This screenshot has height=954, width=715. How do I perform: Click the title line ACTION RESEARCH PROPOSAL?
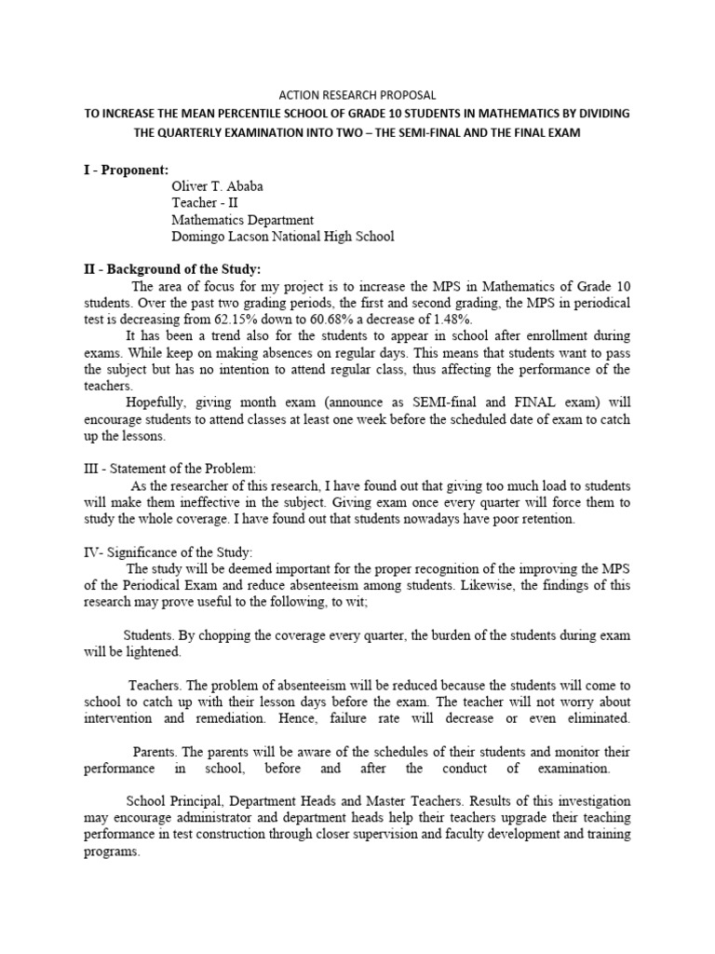tap(357, 95)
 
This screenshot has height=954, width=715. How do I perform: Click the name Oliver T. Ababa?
tap(217, 186)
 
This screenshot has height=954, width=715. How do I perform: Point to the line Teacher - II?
tap(206, 203)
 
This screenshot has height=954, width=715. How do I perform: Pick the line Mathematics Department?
tap(242, 220)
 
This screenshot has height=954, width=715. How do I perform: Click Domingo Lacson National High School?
tap(282, 237)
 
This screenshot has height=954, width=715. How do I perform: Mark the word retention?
tap(547, 520)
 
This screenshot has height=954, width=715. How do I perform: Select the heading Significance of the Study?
tap(185, 553)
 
